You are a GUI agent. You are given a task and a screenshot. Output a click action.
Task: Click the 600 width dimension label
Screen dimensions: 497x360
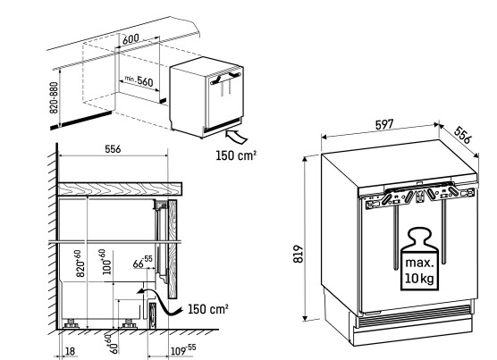(x=131, y=39)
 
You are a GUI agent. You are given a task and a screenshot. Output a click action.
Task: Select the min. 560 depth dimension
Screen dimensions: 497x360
(x=139, y=80)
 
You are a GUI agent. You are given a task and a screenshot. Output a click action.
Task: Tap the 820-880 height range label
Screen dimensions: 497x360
(x=54, y=97)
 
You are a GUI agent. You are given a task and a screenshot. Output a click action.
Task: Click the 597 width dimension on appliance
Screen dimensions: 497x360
(x=384, y=125)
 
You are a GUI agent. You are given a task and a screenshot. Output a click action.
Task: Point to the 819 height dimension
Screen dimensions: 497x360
(x=299, y=254)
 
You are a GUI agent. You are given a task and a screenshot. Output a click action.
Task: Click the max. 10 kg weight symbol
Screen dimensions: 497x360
(x=419, y=259)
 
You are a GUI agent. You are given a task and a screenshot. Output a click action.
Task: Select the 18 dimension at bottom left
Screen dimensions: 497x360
(x=70, y=351)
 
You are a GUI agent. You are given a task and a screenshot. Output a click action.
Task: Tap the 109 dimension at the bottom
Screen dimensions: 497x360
(x=183, y=350)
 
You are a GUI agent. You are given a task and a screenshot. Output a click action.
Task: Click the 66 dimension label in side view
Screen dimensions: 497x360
(x=142, y=262)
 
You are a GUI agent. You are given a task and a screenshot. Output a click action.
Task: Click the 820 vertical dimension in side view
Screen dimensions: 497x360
(x=80, y=264)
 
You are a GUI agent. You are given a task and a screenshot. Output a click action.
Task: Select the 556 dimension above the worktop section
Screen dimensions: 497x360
(x=113, y=149)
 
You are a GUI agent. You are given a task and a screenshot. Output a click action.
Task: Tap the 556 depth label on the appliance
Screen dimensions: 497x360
(x=463, y=135)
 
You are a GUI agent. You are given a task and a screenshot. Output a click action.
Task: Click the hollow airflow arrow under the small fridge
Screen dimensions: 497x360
(x=236, y=136)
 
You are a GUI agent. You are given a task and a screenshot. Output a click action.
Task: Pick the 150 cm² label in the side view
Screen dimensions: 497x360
(x=208, y=309)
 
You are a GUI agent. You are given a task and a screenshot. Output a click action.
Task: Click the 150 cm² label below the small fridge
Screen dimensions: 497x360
(x=236, y=155)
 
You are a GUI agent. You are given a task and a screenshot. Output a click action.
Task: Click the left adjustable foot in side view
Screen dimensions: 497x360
(x=71, y=324)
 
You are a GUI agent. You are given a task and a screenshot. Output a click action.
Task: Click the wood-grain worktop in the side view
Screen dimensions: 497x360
(x=120, y=188)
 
